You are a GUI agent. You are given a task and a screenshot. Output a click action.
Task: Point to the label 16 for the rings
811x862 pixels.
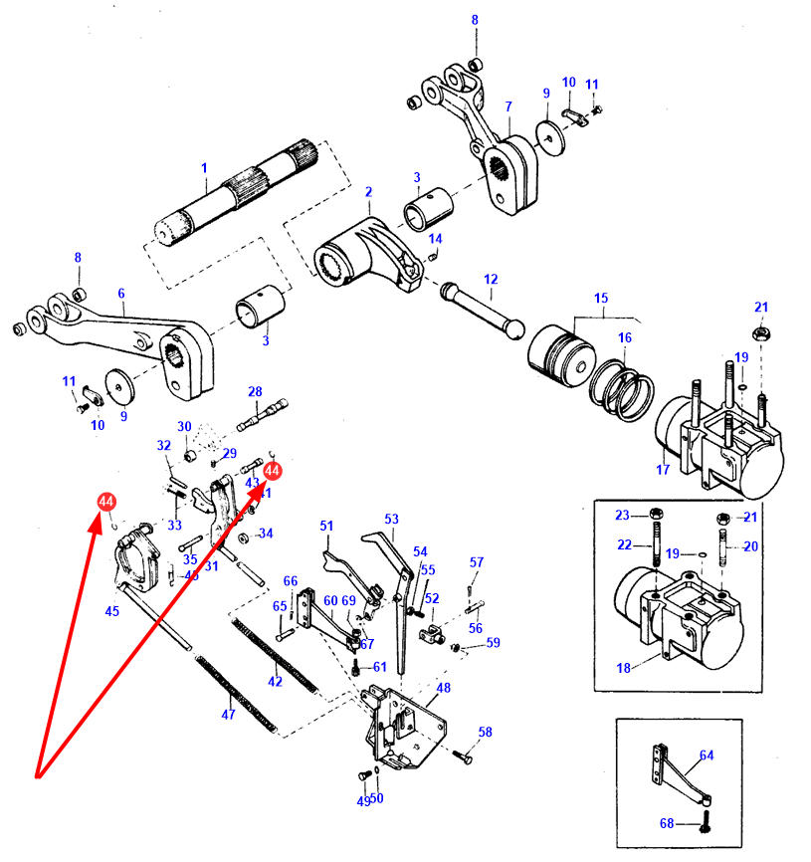pos(624,338)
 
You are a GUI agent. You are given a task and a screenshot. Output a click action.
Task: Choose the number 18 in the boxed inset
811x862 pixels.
pos(624,667)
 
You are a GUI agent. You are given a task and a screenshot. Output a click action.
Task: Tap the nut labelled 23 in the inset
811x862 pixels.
pos(654,516)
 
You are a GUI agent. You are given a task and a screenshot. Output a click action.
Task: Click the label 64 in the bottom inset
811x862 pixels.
pos(707,755)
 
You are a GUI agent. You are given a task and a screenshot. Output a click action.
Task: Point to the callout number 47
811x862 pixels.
pos(228,714)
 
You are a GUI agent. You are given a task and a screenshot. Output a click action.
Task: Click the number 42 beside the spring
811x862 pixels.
pos(275,682)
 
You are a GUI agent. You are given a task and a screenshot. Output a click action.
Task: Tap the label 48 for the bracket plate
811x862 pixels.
pos(443,687)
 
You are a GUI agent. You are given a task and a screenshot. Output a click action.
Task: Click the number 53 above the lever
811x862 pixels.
pos(391,520)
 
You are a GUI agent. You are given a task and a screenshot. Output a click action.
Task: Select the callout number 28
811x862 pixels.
pos(254,391)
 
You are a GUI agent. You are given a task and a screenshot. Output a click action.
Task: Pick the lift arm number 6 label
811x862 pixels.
pos(121,294)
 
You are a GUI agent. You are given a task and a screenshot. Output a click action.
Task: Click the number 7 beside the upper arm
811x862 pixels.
pos(508,107)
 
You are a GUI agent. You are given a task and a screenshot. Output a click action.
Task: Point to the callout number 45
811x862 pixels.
pos(112,611)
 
